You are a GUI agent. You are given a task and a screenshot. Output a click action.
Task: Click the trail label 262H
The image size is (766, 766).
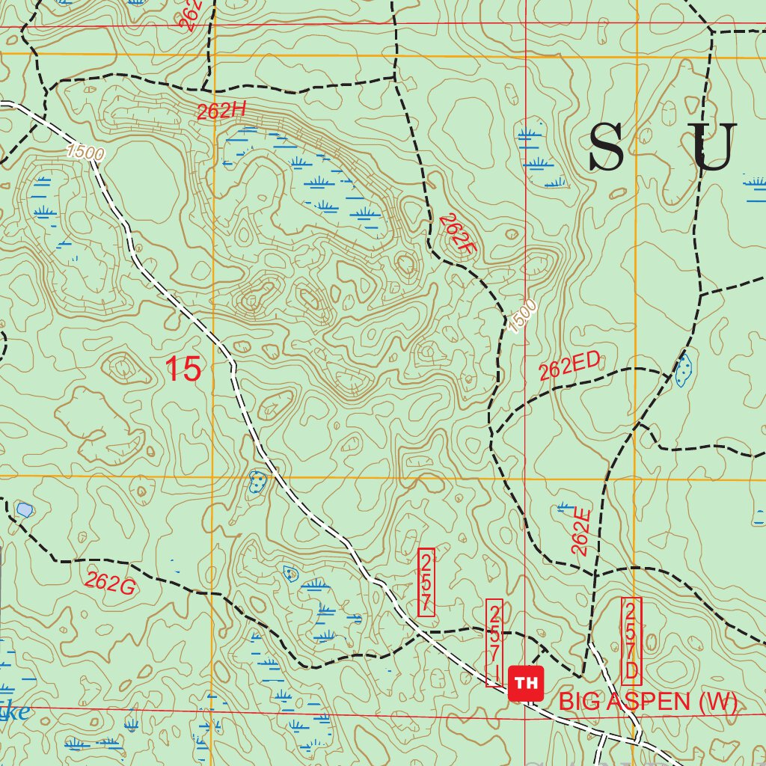point(221,111)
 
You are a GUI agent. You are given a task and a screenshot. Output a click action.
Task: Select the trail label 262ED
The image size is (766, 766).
point(569,366)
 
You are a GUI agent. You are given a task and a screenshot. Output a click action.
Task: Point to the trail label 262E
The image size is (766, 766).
point(581,532)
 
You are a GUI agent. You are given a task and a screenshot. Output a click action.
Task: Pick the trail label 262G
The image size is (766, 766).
point(110,582)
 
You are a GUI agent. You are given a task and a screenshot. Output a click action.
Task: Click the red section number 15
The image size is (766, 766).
point(183,370)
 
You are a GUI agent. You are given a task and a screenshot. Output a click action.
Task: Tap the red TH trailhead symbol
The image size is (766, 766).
point(526,683)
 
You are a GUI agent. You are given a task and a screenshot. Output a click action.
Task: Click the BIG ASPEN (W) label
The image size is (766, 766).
point(648,702)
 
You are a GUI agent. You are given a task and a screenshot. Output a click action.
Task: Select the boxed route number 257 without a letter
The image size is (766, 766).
point(426,583)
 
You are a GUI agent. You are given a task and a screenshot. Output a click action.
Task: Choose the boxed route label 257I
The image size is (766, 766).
point(494,643)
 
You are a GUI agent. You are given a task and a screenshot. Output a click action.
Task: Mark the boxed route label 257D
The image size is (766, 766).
point(631,640)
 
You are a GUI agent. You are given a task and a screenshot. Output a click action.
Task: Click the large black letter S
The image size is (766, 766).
point(606,147)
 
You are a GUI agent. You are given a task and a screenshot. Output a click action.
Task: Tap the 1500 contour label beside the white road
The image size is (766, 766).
point(84,151)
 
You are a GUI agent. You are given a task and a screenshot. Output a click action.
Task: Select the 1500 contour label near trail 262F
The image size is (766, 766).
point(522,316)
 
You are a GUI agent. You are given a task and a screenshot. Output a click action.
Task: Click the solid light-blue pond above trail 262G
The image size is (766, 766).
point(24,510)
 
